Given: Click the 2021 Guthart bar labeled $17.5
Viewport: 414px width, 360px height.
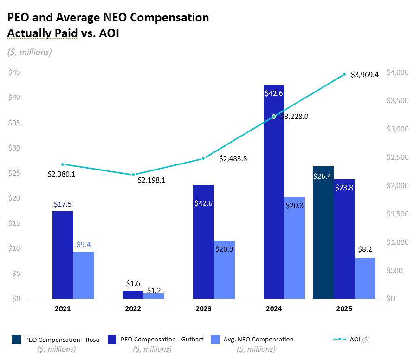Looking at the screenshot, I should pos(63,255).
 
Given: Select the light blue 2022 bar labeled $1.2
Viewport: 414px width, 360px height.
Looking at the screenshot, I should pos(154,295).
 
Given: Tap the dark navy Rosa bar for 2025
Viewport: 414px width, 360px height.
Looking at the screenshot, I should pos(323,232).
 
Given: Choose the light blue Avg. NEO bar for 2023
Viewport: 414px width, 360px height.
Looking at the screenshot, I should pos(224,269).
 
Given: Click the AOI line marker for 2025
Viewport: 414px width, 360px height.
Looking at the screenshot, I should pos(344,74).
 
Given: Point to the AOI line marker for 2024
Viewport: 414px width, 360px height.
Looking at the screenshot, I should pos(274,117).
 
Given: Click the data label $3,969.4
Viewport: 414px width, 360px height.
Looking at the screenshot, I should pos(365,74).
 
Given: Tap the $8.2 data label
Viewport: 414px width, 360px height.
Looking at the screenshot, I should pos(365,249).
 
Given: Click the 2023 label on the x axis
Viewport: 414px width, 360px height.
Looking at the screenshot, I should pos(203,309).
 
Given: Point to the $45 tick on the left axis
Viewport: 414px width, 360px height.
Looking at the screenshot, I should pos(15,72).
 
